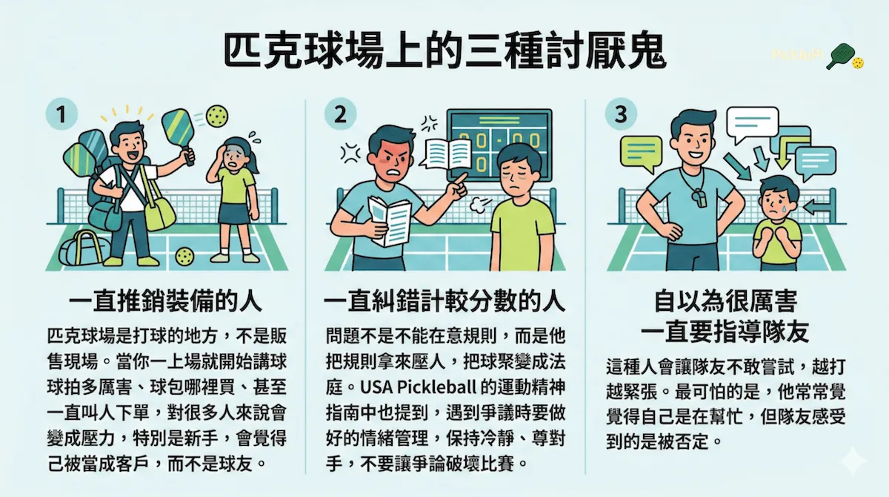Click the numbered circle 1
(x=61, y=114)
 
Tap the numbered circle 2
(x=340, y=114)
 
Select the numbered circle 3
(x=621, y=114)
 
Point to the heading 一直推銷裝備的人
(x=165, y=302)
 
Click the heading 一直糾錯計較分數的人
(x=444, y=302)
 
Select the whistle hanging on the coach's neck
(x=699, y=197)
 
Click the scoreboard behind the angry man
(x=499, y=145)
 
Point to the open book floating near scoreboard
(x=447, y=153)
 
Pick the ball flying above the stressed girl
(x=217, y=116)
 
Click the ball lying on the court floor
(x=185, y=256)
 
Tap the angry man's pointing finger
(x=461, y=180)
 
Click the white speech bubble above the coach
(x=752, y=124)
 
